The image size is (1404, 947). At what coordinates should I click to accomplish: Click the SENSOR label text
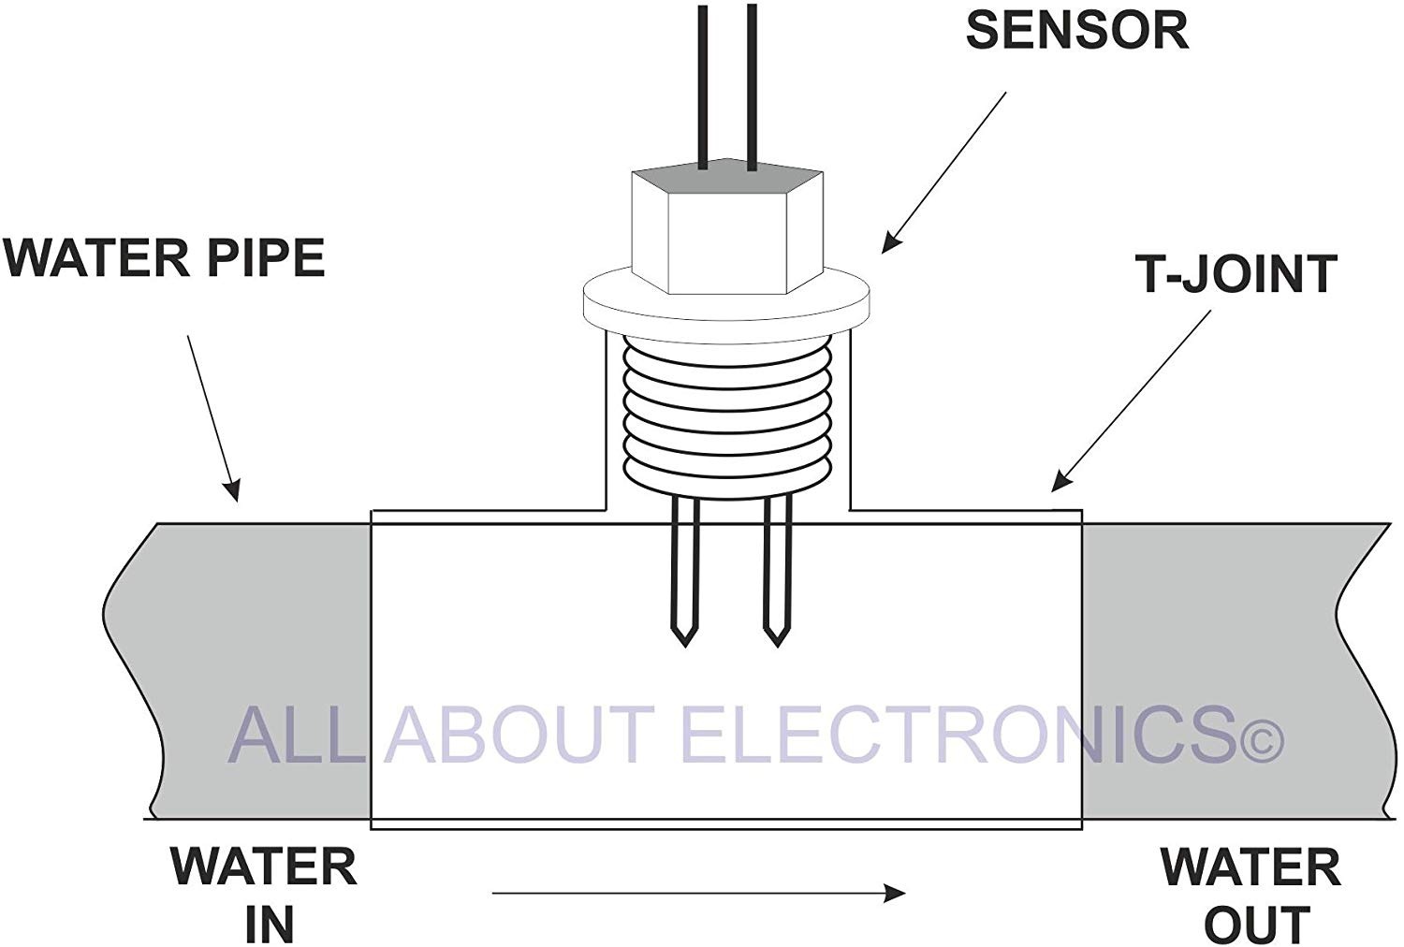1076,30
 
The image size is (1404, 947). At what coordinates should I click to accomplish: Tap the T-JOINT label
1236,275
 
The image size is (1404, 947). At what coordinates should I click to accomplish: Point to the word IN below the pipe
270,924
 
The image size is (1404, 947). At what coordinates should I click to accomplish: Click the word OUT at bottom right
1256,924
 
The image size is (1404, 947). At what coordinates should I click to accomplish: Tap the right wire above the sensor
752,84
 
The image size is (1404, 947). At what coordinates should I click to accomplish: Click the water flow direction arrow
697,894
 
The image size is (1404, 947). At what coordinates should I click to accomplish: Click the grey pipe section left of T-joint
253,669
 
